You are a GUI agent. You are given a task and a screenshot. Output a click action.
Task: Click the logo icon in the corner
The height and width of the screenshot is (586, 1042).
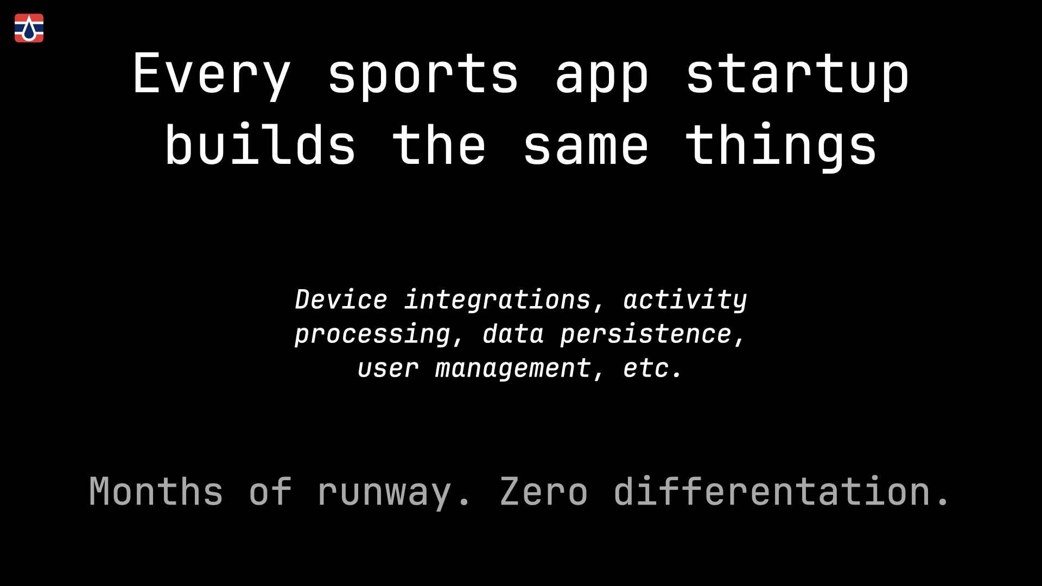point(29,28)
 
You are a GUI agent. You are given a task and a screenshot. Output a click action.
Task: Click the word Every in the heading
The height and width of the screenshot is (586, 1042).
point(212,75)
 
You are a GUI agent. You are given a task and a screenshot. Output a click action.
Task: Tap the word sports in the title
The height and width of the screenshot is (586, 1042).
point(423,75)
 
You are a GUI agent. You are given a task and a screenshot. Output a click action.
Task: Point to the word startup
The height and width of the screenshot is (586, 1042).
point(797,75)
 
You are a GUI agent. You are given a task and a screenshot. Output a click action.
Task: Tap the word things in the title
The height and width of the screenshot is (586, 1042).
point(781,145)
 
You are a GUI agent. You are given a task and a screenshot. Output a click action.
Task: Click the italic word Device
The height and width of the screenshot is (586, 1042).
point(341,300)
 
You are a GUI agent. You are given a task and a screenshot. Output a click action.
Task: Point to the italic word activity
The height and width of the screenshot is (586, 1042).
point(685,300)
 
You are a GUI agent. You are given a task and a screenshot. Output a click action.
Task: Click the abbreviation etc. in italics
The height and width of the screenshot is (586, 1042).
point(652,369)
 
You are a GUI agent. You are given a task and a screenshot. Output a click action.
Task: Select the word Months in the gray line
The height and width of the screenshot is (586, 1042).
point(156,492)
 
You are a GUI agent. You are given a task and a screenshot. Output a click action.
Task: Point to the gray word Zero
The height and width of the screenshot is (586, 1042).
point(544,492)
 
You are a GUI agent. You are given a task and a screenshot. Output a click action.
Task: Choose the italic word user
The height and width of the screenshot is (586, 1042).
point(388,369)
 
